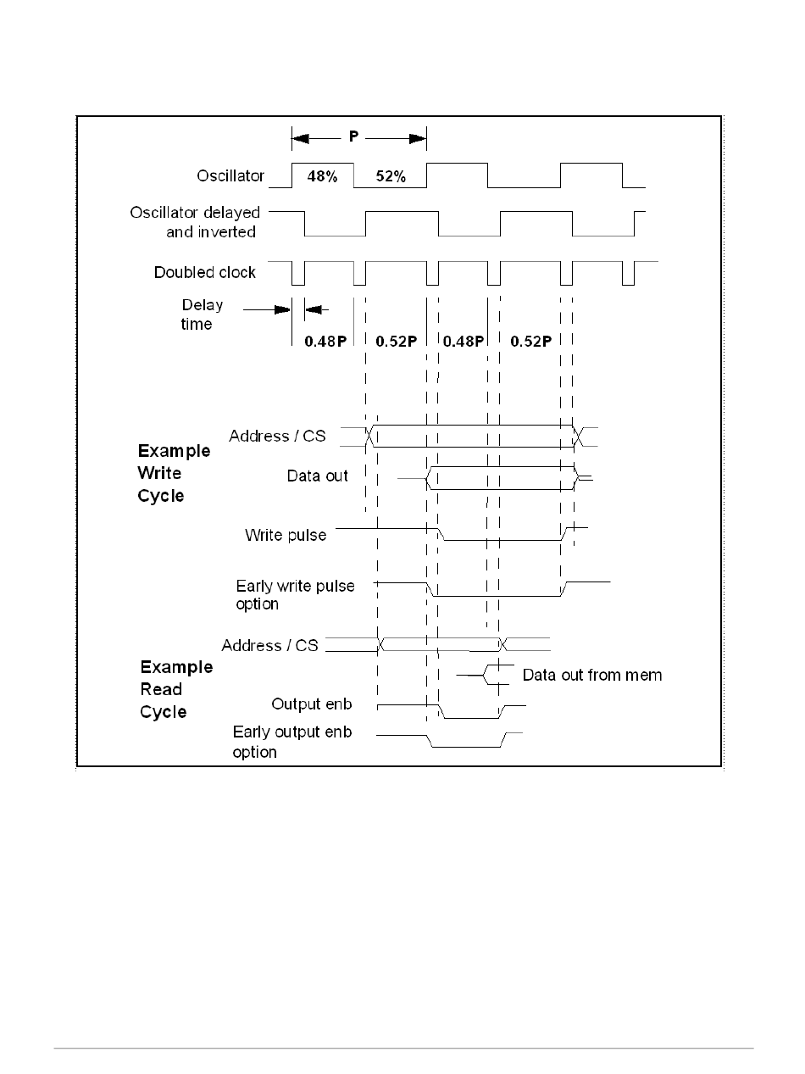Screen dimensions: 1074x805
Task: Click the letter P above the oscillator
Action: click(353, 136)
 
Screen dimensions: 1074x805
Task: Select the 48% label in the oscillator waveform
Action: click(324, 177)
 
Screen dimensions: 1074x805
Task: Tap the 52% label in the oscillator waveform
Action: click(391, 177)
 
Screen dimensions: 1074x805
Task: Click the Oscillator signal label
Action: click(225, 176)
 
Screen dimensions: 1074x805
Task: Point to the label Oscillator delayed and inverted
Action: click(195, 222)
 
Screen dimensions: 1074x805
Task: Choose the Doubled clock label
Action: click(204, 272)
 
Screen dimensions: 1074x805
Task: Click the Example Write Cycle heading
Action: click(174, 473)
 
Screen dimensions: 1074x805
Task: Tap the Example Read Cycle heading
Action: click(175, 689)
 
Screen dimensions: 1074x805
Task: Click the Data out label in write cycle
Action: click(317, 476)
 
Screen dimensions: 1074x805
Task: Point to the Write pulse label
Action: click(286, 535)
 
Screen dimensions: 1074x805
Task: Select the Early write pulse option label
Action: click(295, 595)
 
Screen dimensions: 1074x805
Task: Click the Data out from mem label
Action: click(591, 676)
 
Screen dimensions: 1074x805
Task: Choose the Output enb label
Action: click(311, 704)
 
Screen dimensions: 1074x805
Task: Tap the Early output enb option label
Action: click(291, 742)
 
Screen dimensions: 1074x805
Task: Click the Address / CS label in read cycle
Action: click(269, 646)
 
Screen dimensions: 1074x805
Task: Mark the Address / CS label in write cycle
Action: click(277, 436)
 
